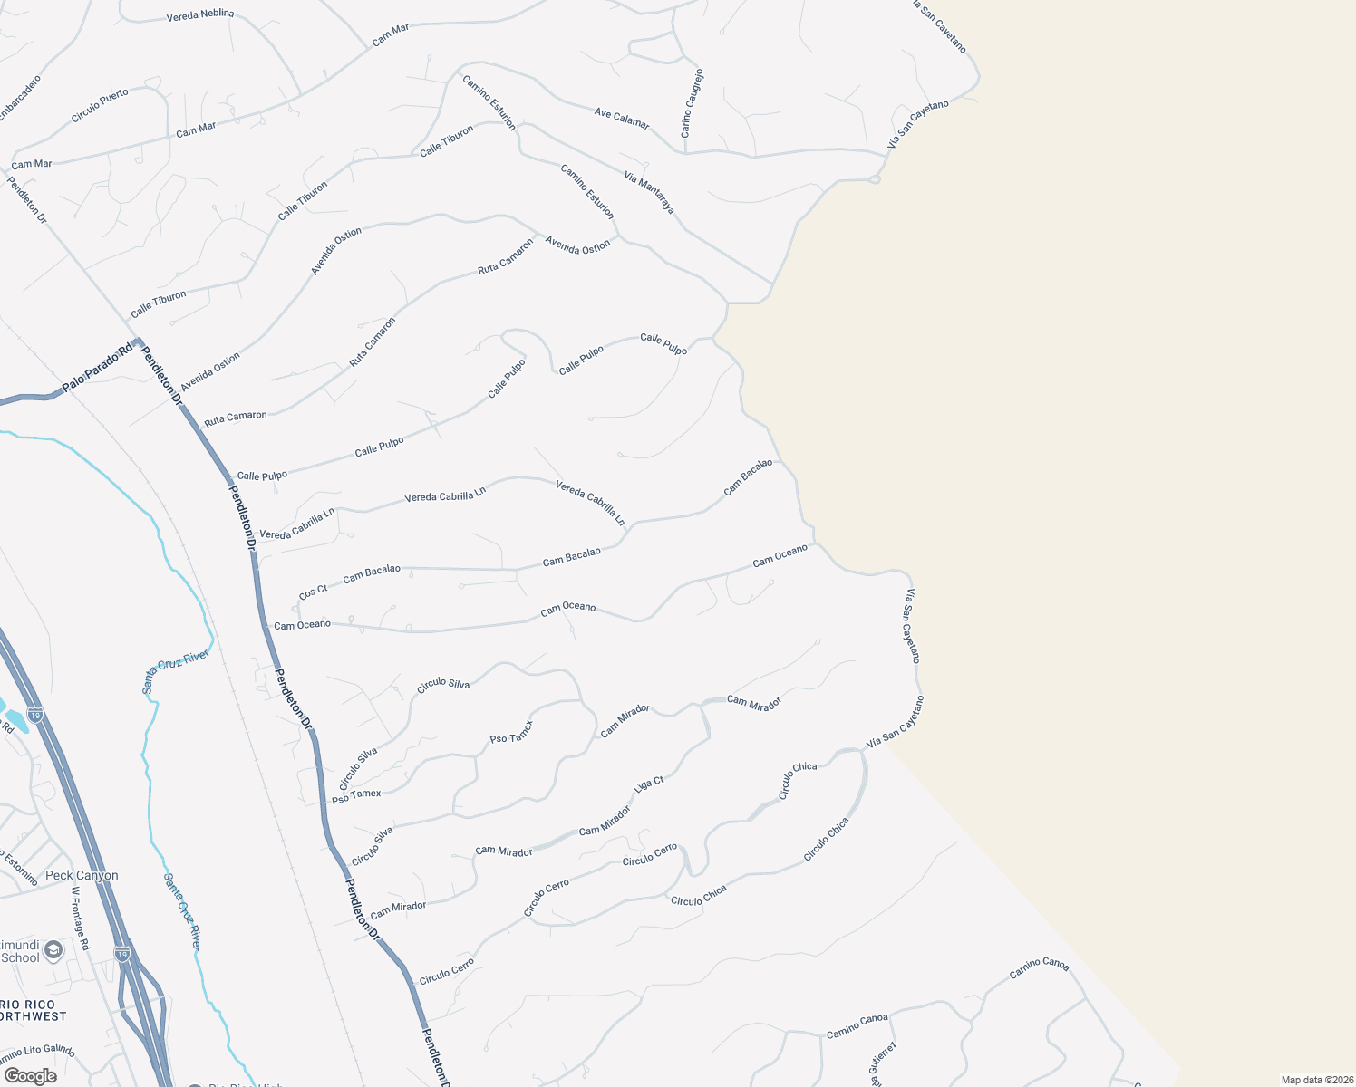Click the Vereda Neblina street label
coord(200,15)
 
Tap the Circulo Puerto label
coord(100,106)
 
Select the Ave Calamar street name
coord(622,119)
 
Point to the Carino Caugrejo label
coord(692,103)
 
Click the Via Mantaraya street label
coord(649,192)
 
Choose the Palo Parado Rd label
coord(97,368)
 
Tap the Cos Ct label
coord(313,592)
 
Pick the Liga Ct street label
coord(649,784)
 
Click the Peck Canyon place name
coord(82,876)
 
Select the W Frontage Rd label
coord(81,918)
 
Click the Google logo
coord(30,1076)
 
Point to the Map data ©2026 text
coord(1315,1080)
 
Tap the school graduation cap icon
coord(53,949)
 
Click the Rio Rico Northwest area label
coord(34,1011)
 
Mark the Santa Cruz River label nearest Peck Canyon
coord(182,910)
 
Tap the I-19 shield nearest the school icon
coord(122,954)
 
